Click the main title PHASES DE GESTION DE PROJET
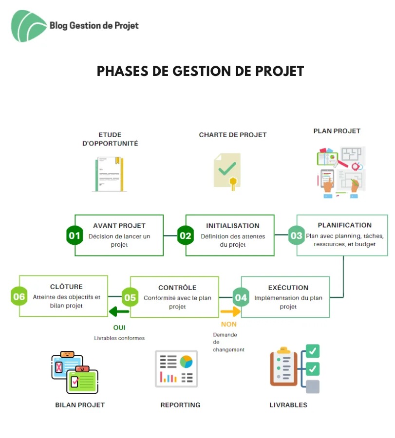pyautogui.click(x=200, y=71)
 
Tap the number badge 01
pyautogui.click(x=75, y=236)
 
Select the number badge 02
pyautogui.click(x=186, y=236)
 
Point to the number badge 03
pyautogui.click(x=296, y=236)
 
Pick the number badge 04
pyautogui.click(x=241, y=297)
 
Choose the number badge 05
pyautogui.click(x=130, y=297)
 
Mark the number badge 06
pyautogui.click(x=19, y=296)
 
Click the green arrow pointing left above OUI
pyautogui.click(x=119, y=311)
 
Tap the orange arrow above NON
pyautogui.click(x=230, y=311)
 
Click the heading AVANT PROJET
pyautogui.click(x=119, y=226)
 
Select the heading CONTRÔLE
pyautogui.click(x=177, y=288)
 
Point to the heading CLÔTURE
pyautogui.click(x=66, y=287)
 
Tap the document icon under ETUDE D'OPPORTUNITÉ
pyautogui.click(x=110, y=174)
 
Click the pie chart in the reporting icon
pyautogui.click(x=186, y=362)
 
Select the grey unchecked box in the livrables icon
pyautogui.click(x=313, y=386)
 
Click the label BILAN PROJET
pyautogui.click(x=80, y=405)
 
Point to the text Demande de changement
pyautogui.click(x=228, y=342)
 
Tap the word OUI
pyautogui.click(x=119, y=328)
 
